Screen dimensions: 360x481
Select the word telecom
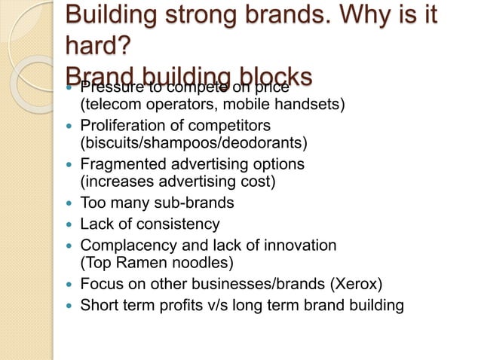pos(111,103)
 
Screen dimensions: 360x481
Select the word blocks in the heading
pos(271,75)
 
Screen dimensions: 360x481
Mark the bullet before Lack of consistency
pos(69,224)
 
